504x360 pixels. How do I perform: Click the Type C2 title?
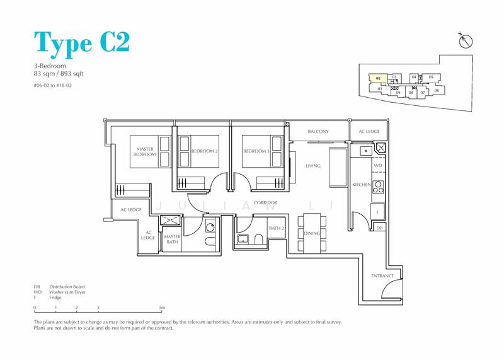click(82, 42)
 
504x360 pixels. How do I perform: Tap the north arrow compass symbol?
click(466, 41)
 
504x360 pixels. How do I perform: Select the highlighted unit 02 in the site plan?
click(378, 78)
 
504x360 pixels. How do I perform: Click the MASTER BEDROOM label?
click(145, 151)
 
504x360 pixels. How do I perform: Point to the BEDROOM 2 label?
click(204, 151)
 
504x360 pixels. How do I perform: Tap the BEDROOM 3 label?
click(256, 151)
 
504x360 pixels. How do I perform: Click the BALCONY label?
click(318, 131)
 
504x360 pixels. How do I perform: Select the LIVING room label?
click(312, 166)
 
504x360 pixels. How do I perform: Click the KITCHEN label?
click(362, 185)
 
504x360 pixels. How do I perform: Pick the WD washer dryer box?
click(378, 165)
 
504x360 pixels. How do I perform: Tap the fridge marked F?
click(377, 212)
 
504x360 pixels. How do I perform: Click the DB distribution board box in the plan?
click(380, 228)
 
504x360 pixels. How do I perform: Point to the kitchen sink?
click(366, 151)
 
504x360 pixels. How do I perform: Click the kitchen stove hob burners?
click(378, 187)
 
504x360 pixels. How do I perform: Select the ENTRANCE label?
click(382, 276)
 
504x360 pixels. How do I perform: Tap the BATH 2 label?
click(277, 228)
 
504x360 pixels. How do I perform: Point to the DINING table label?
click(312, 233)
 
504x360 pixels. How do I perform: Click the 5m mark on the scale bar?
click(163, 308)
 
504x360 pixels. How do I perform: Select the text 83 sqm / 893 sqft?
click(59, 73)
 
